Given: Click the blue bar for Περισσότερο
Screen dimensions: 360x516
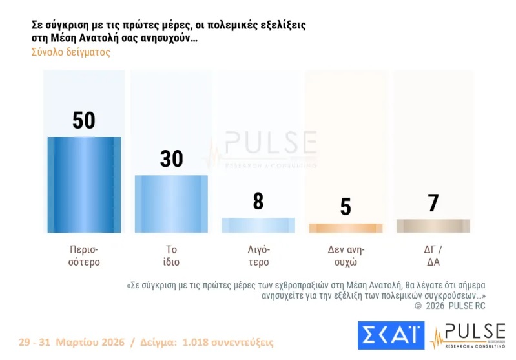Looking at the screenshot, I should (x=84, y=185).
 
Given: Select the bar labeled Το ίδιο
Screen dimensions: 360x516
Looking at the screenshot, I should (x=171, y=204).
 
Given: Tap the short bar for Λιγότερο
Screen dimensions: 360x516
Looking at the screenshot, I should (x=258, y=225).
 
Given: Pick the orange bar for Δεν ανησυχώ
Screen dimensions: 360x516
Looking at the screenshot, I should (x=346, y=228).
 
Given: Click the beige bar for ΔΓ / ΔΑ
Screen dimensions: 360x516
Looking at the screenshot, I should (x=433, y=226).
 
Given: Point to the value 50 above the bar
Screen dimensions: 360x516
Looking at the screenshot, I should (x=84, y=120).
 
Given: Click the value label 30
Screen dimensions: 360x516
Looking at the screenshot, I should (x=171, y=159).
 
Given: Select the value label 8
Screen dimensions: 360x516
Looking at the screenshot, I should (x=258, y=202).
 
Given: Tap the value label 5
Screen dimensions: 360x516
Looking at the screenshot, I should (x=346, y=207).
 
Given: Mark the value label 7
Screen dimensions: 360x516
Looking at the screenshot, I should (x=433, y=204).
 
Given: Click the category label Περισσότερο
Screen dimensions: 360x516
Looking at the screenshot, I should (x=84, y=256).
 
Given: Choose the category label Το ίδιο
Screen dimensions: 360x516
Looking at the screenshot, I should (x=171, y=256).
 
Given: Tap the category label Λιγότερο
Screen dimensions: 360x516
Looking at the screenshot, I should (x=258, y=256).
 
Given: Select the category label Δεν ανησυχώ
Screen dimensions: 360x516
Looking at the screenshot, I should (x=346, y=256).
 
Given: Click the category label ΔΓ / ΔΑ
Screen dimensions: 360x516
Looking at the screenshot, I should (x=433, y=256).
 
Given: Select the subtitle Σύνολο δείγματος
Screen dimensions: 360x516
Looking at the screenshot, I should (x=71, y=52).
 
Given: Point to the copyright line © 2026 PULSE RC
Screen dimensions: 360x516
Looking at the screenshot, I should (x=449, y=305).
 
